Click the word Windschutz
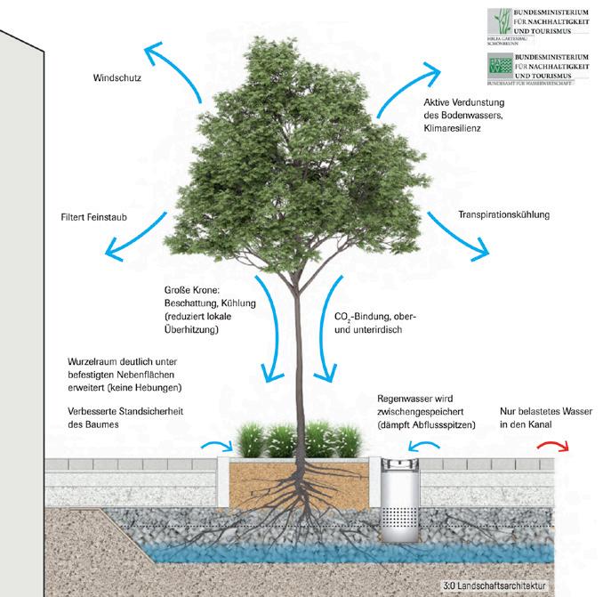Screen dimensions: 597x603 click(x=118, y=78)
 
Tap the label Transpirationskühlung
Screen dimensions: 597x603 click(x=503, y=214)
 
